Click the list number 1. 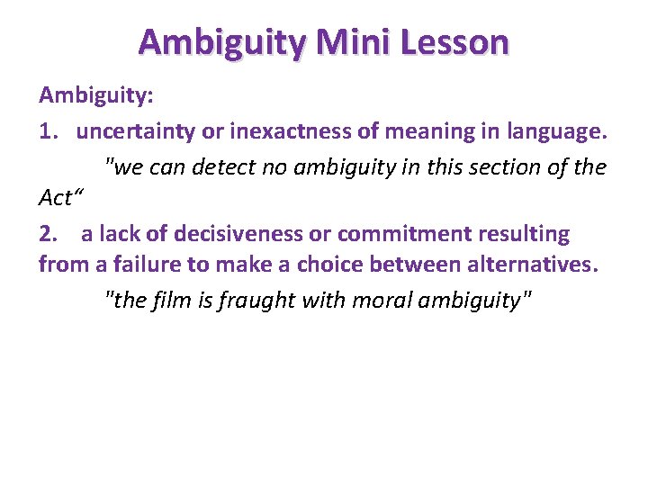point(49,131)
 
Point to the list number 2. point(49,235)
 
